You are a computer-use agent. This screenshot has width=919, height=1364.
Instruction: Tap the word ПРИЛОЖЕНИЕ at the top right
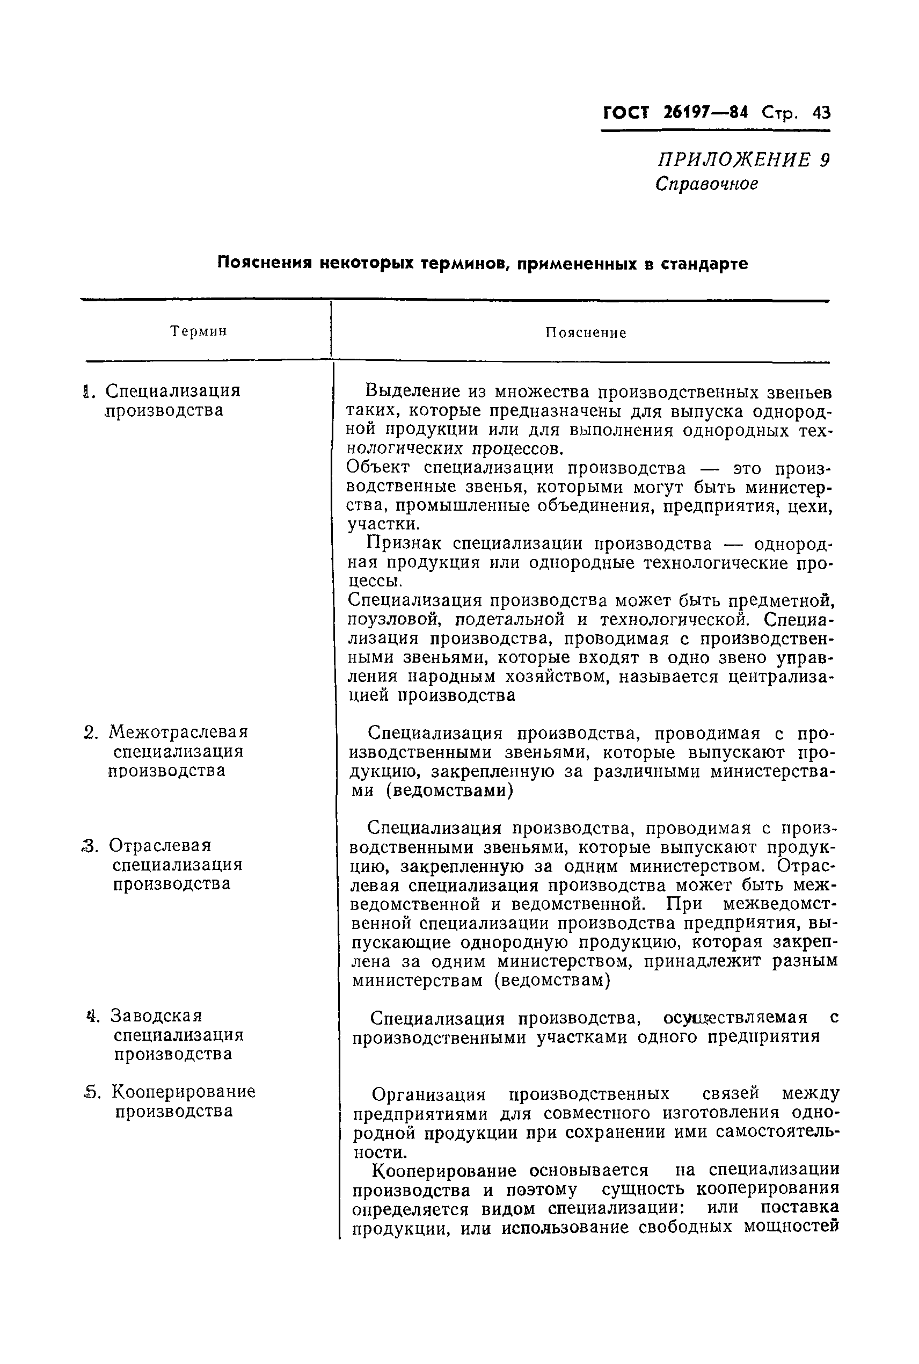click(x=733, y=160)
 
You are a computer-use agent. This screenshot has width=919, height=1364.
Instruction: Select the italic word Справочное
click(x=707, y=184)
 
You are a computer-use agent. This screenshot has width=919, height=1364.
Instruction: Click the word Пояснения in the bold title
click(x=264, y=263)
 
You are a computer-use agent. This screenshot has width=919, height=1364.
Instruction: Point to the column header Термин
click(x=199, y=331)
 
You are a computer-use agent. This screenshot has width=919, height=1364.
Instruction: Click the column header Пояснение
click(x=586, y=333)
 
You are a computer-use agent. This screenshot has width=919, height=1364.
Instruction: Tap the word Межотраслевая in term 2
click(x=179, y=732)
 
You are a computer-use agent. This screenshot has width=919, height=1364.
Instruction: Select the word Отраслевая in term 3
click(x=160, y=846)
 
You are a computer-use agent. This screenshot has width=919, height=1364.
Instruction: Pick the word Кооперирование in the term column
click(x=184, y=1091)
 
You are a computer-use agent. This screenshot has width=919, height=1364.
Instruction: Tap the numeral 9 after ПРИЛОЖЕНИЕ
click(x=825, y=160)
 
